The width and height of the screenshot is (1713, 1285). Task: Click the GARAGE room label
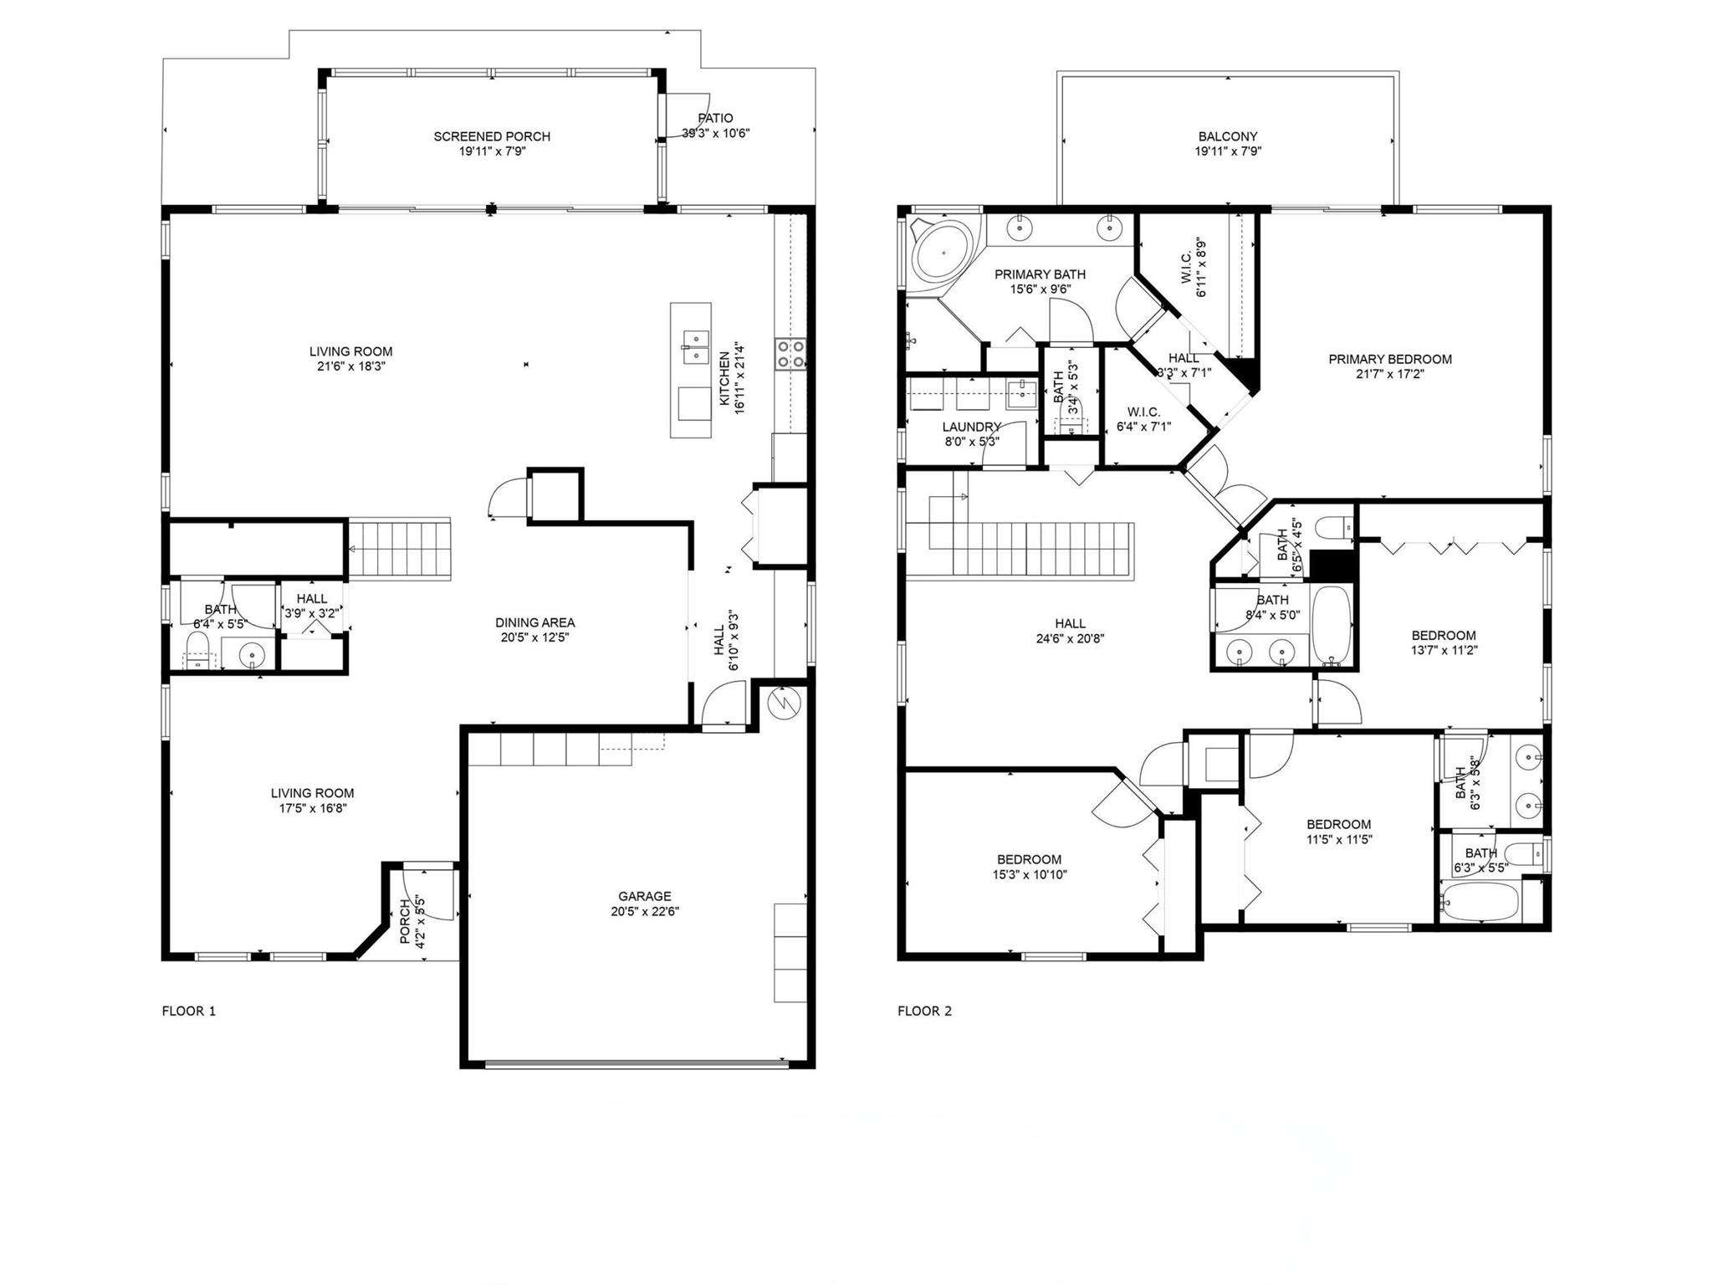[x=645, y=896]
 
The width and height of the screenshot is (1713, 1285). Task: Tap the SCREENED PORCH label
[x=492, y=136]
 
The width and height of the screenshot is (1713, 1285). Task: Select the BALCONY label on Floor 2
[x=1228, y=136]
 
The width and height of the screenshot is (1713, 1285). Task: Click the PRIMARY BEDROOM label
[x=1390, y=359]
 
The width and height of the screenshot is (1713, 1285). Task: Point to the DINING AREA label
[x=535, y=622]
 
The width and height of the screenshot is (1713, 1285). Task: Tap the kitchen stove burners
[x=790, y=353]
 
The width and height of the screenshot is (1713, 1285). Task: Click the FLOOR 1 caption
[x=189, y=1011]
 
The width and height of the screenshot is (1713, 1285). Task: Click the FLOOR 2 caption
[x=925, y=1011]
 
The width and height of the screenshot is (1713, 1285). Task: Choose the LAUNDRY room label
[x=971, y=427]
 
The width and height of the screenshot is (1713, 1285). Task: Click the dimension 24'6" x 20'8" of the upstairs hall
[x=1071, y=638]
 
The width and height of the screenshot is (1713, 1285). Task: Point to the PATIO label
[x=715, y=118]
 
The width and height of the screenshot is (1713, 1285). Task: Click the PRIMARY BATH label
[x=1040, y=274]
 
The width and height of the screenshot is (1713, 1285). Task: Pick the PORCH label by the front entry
[x=406, y=922]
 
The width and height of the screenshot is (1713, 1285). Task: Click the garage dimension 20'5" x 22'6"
[x=645, y=911]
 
